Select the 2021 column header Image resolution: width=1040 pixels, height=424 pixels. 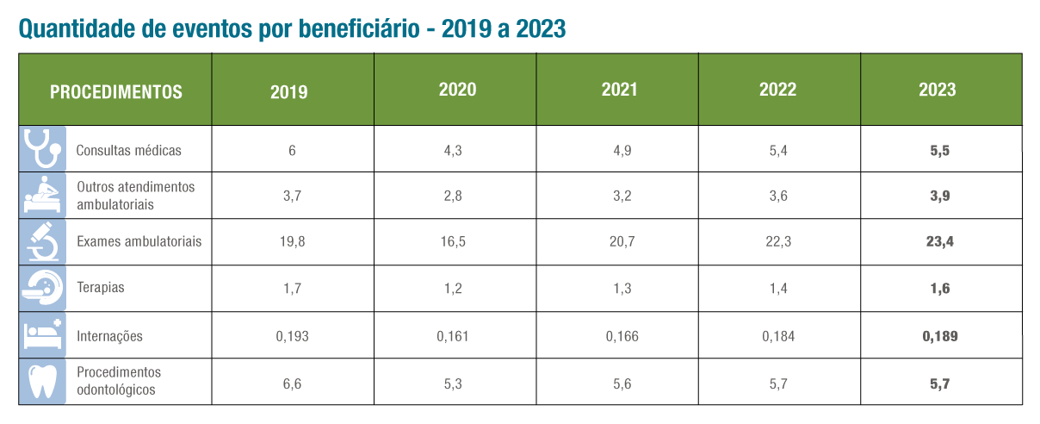[x=619, y=90]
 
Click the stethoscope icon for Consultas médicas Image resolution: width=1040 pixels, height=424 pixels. [x=42, y=149]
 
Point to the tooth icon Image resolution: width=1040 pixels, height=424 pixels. [x=42, y=381]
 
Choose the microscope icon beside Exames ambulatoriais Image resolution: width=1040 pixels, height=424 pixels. [x=42, y=241]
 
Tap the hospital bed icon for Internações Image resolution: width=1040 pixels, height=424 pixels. [x=42, y=335]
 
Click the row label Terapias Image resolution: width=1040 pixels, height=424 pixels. [x=100, y=288]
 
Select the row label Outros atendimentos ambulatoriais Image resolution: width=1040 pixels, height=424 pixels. [x=135, y=196]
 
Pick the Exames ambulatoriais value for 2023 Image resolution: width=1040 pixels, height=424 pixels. [x=939, y=242]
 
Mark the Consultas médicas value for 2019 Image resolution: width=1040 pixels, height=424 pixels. [x=292, y=150]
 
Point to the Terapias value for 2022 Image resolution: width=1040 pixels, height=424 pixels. [x=777, y=289]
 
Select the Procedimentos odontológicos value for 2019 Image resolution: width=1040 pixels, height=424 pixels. [x=292, y=383]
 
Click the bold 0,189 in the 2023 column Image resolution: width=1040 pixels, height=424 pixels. [x=939, y=336]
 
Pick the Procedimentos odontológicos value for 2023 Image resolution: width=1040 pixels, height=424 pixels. [x=939, y=383]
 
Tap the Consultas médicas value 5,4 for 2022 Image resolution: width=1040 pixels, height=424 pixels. [x=777, y=150]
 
